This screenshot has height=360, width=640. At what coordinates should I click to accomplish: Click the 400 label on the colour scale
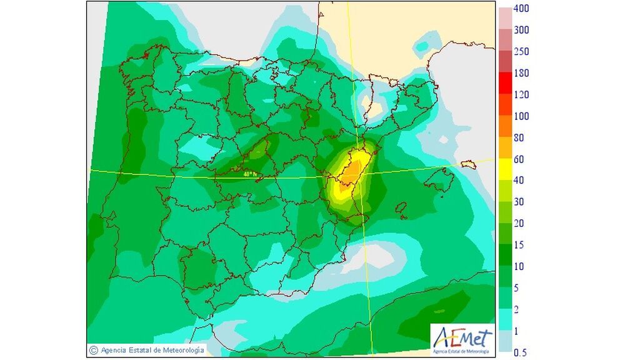tap(521, 9)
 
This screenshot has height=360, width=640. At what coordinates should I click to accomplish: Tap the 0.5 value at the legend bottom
tap(520, 353)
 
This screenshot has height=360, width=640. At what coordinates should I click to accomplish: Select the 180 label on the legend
tap(521, 73)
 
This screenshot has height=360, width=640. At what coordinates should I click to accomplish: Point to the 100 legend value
tap(521, 116)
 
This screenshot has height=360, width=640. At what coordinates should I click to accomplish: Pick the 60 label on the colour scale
tap(519, 159)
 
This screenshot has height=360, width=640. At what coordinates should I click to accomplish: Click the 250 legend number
tap(521, 52)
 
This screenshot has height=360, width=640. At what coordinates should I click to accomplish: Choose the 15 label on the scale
tap(519, 245)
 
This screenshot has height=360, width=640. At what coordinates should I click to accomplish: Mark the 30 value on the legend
tap(519, 202)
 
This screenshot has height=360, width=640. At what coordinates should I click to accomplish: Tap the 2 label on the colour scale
tap(516, 309)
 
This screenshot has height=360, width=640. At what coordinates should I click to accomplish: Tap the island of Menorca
tap(468, 164)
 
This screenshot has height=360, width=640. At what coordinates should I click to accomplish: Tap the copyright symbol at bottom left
tap(94, 350)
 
